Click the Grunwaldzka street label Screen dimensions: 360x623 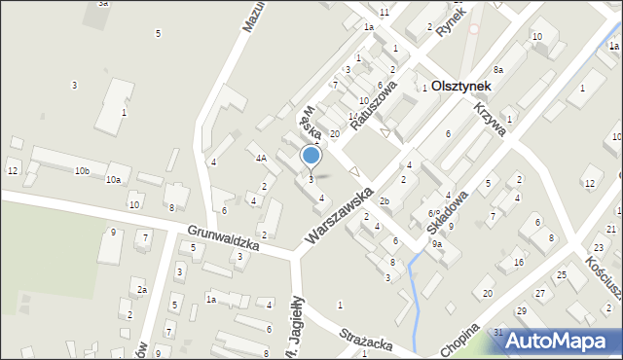click(x=225, y=238)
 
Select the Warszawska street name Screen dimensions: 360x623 click(x=339, y=216)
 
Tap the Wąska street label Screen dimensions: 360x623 click(x=311, y=123)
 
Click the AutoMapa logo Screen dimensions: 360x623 click(x=557, y=341)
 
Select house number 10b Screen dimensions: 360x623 click(x=82, y=171)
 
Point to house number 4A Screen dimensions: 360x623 click(x=261, y=158)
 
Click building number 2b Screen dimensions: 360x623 click(x=385, y=201)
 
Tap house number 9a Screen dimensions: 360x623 click(x=437, y=244)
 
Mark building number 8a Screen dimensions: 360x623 click(x=497, y=70)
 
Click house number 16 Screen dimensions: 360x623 click(x=519, y=263)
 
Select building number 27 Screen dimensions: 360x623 click(x=539, y=293)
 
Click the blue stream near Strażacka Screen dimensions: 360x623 click(x=416, y=302)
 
